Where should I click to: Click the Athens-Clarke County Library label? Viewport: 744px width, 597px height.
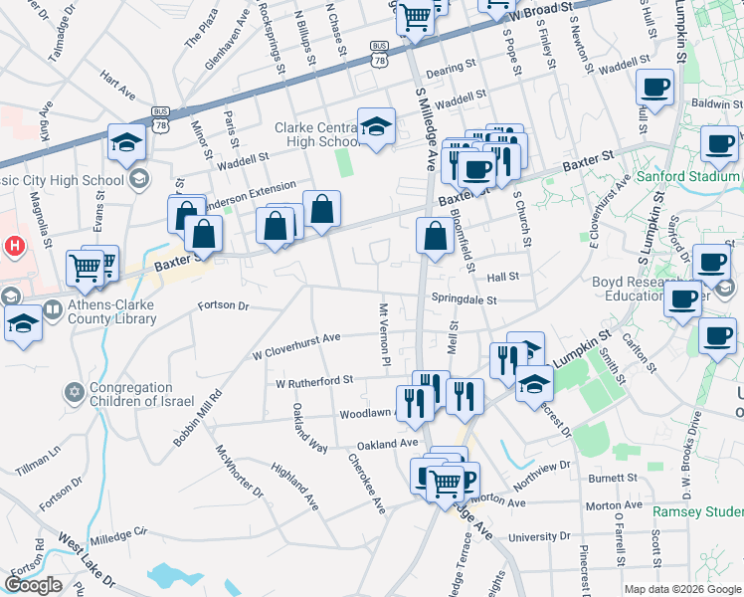point(93,312)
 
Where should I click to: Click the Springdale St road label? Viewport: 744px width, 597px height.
point(464,298)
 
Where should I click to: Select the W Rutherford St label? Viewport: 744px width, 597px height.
point(314,381)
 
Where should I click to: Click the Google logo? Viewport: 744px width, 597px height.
point(33,585)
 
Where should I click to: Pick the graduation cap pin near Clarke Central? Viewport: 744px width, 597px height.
point(376,125)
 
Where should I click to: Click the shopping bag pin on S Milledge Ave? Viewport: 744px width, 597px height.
point(435,237)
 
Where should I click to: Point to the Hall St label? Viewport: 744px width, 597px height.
point(503,278)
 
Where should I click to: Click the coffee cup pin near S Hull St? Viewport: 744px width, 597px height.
point(656,89)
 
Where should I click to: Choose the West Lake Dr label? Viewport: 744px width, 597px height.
point(87,563)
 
